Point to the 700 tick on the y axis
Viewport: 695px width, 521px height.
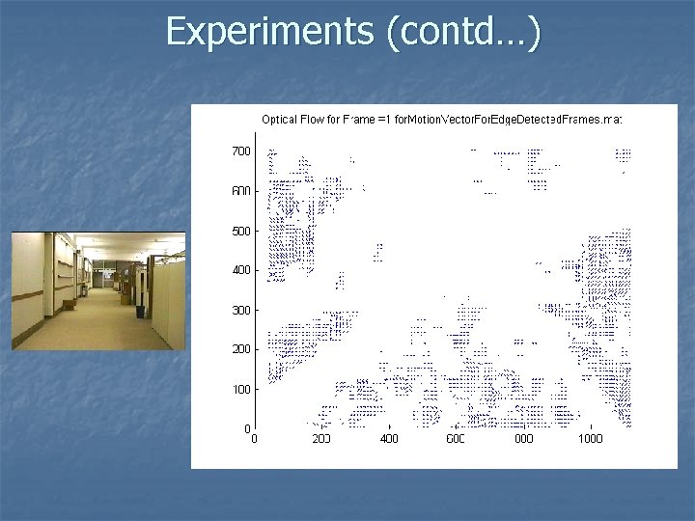[239, 151]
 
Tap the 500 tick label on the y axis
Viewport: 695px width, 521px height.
[239, 231]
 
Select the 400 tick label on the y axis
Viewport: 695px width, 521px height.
[239, 270]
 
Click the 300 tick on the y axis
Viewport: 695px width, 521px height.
[239, 310]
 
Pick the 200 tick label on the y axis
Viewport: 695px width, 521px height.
[239, 349]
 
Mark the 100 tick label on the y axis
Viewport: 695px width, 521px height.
[239, 389]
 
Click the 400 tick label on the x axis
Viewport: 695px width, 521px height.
[388, 439]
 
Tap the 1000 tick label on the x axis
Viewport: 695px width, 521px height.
[590, 439]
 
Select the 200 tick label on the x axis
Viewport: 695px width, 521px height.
[320, 439]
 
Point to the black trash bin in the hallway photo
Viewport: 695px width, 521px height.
[140, 310]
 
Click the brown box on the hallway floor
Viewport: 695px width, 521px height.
[69, 304]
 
